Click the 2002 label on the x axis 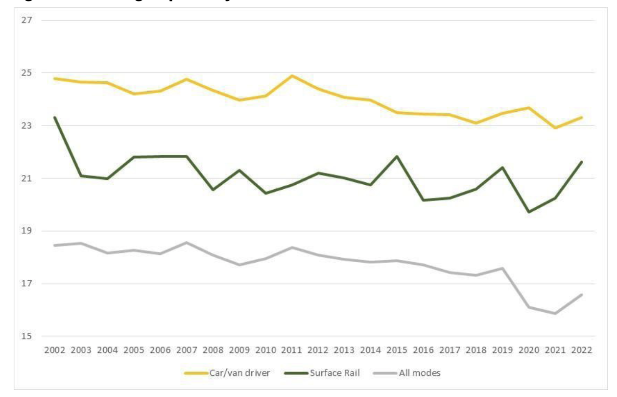54,350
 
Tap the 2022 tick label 582,350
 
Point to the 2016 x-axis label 425,350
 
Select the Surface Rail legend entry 335,373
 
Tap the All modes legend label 420,373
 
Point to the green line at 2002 54,117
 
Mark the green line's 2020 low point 529,212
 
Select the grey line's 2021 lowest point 556,314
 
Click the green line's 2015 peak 398,156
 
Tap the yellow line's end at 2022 582,117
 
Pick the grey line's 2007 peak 187,242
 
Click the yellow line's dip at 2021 556,128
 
